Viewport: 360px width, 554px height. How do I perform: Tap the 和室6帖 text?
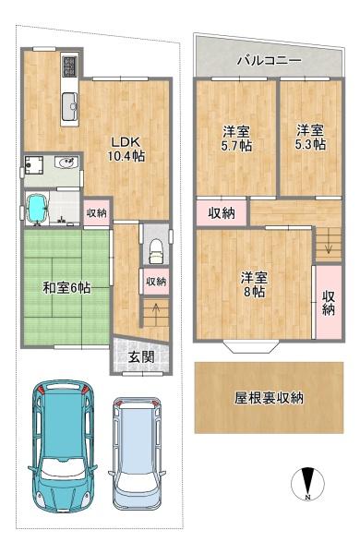(65, 288)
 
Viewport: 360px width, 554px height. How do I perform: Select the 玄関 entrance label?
(140, 357)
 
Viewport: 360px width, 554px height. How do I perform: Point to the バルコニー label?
(269, 60)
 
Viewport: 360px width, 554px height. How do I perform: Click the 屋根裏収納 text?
(270, 399)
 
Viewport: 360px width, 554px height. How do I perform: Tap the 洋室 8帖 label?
(253, 283)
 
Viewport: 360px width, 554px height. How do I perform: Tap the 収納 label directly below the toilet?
(155, 281)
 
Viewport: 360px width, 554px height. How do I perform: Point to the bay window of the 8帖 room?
(253, 347)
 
